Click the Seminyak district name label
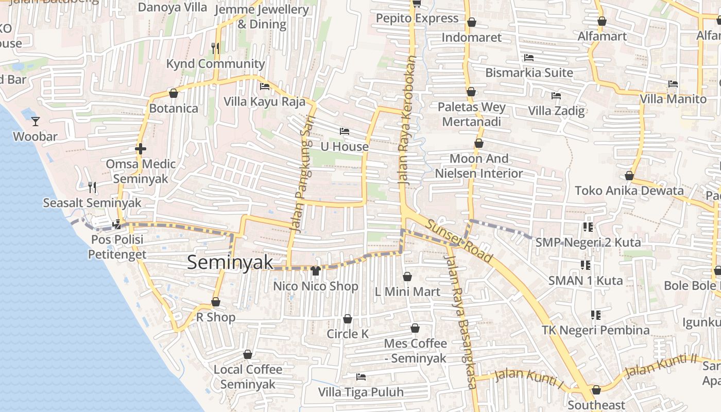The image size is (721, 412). pos(230,262)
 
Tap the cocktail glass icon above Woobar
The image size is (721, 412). pos(36,122)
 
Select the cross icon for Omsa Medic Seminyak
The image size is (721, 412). pos(140,149)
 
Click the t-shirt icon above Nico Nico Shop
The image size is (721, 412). pos(315,271)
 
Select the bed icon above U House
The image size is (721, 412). pos(345,131)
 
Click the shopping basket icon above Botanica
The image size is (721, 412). pos(174,93)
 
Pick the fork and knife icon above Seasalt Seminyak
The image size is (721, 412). pos(92,187)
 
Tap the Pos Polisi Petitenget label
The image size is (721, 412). pos(117,247)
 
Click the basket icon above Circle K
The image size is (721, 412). pos(348,319)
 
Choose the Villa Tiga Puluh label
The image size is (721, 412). pos(360,392)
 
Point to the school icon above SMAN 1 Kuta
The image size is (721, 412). pos(585,265)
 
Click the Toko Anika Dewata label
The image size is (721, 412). pos(629,191)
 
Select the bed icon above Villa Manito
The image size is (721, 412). pos(673,84)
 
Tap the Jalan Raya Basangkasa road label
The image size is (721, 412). pos(461,317)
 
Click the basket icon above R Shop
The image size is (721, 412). pos(216,302)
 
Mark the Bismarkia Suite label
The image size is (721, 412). pos(529,73)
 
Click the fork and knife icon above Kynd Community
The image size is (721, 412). pos(215,48)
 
